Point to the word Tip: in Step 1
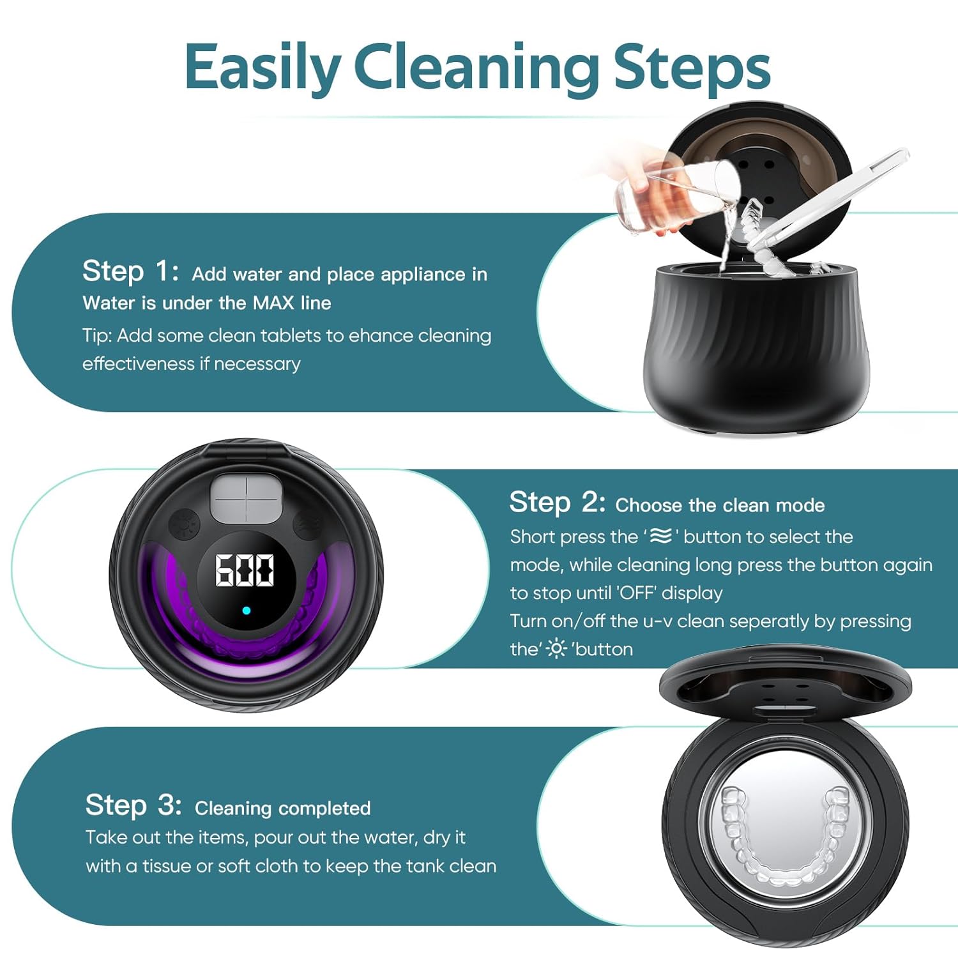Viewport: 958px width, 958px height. coord(97,335)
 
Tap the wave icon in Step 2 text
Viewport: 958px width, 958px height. coord(661,536)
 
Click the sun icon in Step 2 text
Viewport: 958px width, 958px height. coord(556,649)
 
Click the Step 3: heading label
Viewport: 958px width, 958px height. coord(133,805)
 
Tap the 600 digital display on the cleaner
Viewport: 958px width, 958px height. coord(245,570)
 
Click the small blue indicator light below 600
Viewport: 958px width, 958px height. coord(247,611)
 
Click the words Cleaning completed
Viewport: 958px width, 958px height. coord(282,808)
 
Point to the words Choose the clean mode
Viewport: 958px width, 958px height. coord(720,505)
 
